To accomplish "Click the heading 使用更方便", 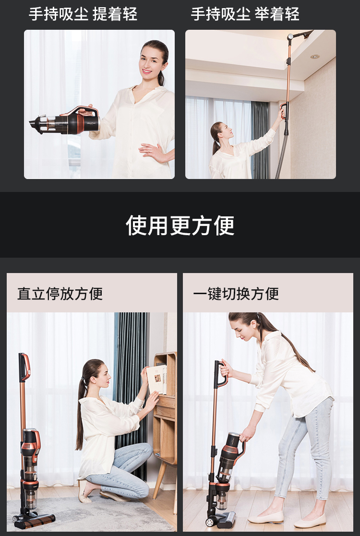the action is coord(180,225).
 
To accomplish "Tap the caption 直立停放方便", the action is coord(60,294).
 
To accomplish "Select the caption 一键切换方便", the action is coord(236,294).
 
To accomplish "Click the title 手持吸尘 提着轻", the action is coord(83,14).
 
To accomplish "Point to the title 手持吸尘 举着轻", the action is coord(245,14).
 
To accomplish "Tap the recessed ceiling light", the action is coord(315,57).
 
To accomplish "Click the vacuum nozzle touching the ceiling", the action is coord(301,35).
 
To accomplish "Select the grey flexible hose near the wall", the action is coord(282,155).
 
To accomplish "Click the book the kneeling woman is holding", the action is coord(156,379).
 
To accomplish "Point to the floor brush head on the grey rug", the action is coord(34,520).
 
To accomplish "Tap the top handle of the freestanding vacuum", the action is coord(24,367).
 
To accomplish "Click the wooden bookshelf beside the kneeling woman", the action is coord(165,420).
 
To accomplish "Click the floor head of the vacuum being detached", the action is coord(222,519).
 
